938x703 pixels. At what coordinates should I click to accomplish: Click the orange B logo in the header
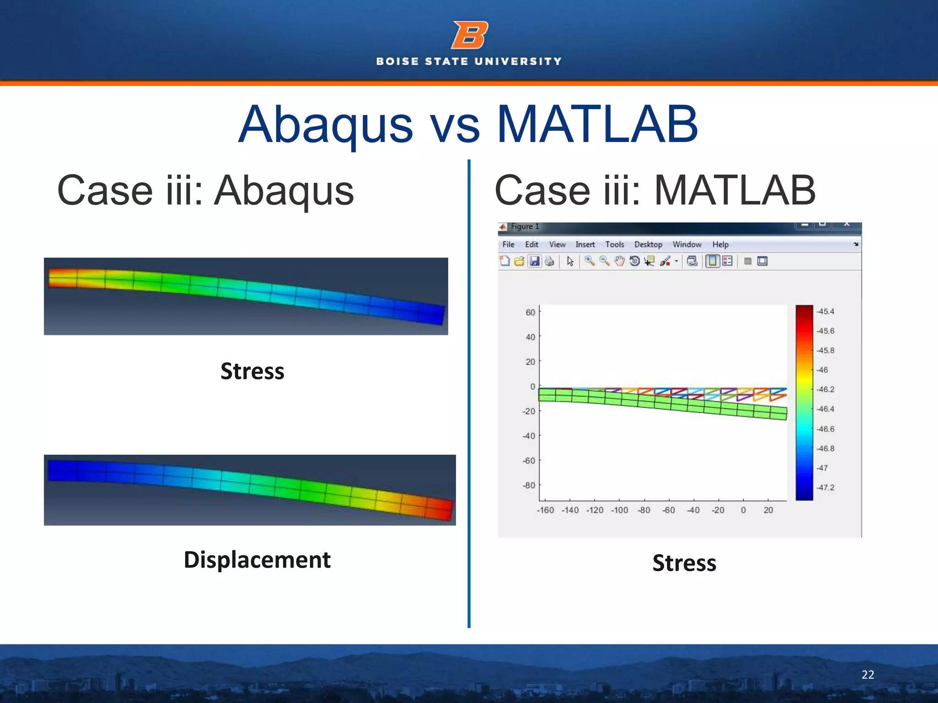(x=469, y=35)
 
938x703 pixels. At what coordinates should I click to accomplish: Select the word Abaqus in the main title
(x=326, y=124)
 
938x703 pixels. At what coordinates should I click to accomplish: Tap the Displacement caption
(x=257, y=560)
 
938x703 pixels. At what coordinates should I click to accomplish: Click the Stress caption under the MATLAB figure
(x=684, y=563)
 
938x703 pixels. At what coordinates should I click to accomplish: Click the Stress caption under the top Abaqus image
(x=252, y=371)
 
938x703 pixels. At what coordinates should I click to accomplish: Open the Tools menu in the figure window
(x=614, y=244)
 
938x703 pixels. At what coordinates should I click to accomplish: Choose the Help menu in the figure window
(x=720, y=244)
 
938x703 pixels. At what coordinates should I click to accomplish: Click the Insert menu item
(x=585, y=244)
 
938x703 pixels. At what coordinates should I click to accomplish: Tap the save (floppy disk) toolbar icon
(x=534, y=261)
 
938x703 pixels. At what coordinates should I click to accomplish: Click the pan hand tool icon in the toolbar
(x=619, y=261)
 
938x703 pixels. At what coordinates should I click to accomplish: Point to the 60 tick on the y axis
(x=530, y=313)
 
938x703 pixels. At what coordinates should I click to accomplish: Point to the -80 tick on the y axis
(x=529, y=485)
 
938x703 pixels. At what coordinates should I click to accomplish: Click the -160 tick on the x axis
(x=545, y=510)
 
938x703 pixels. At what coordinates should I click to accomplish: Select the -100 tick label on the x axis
(x=619, y=510)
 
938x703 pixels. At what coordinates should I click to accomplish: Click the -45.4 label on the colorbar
(x=826, y=312)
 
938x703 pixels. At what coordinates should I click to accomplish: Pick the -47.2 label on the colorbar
(x=826, y=488)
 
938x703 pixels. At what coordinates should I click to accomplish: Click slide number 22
(x=867, y=675)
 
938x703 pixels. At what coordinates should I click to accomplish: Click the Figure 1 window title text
(x=525, y=227)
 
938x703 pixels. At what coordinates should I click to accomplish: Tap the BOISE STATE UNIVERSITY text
(x=469, y=61)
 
